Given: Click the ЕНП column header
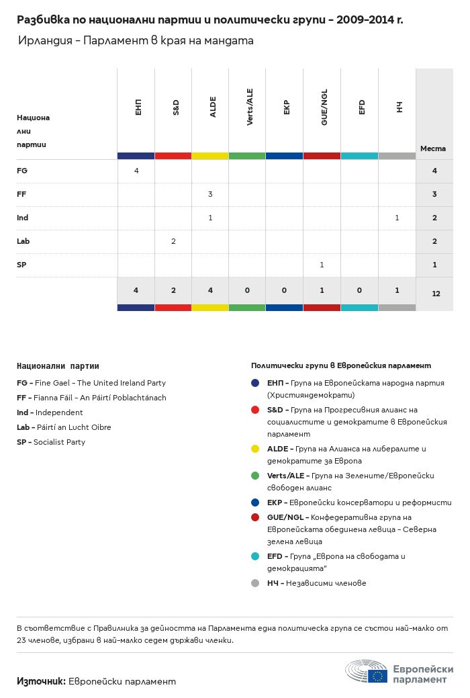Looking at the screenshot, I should [x=137, y=107].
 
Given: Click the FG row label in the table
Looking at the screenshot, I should [x=22, y=171].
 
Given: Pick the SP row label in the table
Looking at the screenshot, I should [x=22, y=265].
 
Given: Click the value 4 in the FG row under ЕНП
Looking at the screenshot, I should [x=136, y=171].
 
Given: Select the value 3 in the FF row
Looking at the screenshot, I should [x=210, y=194].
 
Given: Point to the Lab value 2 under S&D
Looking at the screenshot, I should [x=173, y=241].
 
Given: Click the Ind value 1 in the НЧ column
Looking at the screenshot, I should [x=397, y=218].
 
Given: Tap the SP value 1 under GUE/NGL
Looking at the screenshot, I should [x=322, y=265].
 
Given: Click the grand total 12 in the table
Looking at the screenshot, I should [x=436, y=294].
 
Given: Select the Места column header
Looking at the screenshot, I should [x=433, y=148].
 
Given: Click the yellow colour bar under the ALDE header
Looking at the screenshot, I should [x=210, y=156].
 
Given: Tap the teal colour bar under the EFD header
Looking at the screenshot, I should [x=359, y=156].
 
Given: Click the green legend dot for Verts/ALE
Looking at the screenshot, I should [x=255, y=476].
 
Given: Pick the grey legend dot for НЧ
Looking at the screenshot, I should [x=255, y=583].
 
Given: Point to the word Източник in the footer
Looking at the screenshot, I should [x=41, y=681].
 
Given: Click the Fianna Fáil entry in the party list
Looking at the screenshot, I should [x=91, y=398].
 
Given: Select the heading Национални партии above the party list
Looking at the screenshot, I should [x=58, y=366].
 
